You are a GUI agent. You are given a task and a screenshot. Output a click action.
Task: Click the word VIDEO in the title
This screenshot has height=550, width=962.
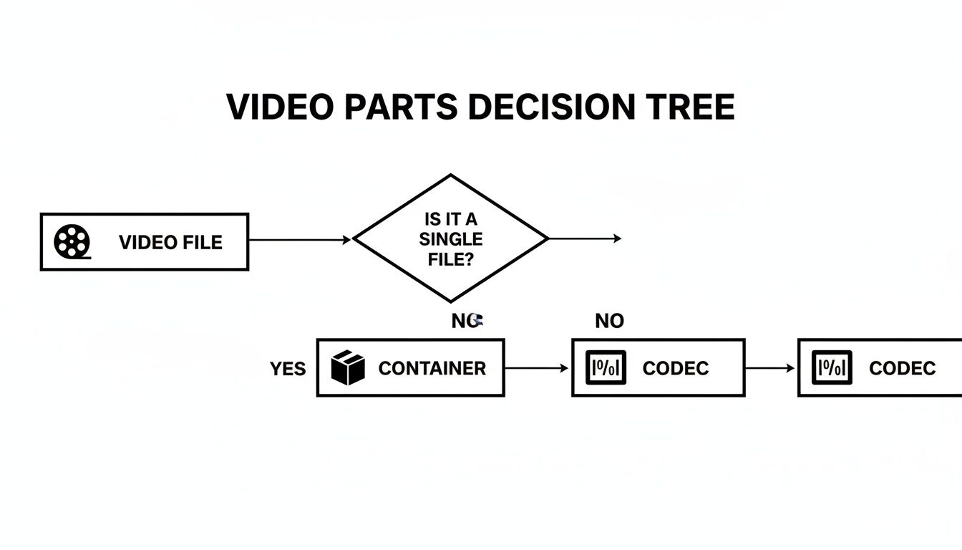point(280,107)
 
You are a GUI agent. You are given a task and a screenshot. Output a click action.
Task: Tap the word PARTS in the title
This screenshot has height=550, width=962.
point(401,107)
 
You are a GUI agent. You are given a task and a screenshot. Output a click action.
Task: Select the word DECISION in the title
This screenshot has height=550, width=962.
point(551,107)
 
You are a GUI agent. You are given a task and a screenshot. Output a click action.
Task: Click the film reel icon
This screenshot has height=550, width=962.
point(72,241)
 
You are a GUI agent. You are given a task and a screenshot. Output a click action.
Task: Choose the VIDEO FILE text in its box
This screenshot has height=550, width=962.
point(170,242)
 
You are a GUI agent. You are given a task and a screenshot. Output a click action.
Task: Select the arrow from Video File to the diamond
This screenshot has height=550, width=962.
point(301,240)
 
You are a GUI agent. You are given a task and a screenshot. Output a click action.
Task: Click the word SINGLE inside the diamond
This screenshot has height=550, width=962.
point(451,239)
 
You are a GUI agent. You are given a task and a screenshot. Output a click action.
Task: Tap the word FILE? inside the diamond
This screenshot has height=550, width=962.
point(451,259)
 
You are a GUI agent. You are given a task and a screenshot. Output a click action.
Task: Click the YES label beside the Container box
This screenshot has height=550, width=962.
point(288,369)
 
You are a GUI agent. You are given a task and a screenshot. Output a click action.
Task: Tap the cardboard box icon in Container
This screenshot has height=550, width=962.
point(349,367)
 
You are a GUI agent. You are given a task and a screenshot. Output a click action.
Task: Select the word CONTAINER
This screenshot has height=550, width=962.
point(432,368)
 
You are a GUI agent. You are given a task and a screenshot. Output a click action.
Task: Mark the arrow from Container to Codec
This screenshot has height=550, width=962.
point(537,368)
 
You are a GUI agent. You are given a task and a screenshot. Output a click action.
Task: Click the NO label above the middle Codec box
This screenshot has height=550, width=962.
point(609,322)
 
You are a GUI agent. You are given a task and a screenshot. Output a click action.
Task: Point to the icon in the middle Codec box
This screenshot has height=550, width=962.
point(606,367)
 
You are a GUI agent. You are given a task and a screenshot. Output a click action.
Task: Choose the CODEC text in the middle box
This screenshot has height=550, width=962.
point(676,368)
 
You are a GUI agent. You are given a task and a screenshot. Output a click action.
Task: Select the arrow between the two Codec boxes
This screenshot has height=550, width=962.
point(770,368)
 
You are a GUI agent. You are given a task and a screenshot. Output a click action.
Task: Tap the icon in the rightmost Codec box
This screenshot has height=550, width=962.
point(832,367)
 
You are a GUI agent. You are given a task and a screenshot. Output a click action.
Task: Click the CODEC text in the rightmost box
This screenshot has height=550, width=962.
point(902,368)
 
